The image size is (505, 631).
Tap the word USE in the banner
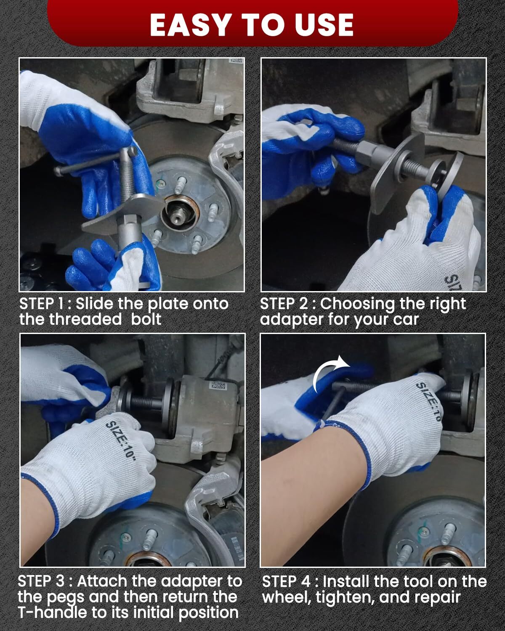324,25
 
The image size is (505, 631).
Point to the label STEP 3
41,581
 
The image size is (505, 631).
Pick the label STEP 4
286,581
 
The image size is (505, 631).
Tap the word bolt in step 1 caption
146,319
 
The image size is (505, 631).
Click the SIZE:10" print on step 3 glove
121,440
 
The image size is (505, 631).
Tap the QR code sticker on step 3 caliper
218,386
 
